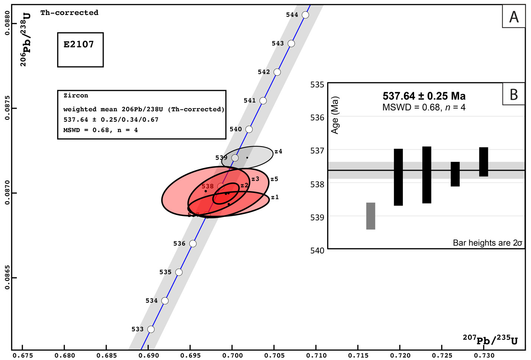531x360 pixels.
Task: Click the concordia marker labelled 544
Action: tap(305, 15)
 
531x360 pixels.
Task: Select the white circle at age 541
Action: tap(263, 101)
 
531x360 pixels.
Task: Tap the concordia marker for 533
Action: tap(151, 329)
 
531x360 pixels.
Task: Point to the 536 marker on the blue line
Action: tap(193, 243)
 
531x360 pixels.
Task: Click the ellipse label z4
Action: tap(278, 151)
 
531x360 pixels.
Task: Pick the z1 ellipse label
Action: tap(275, 197)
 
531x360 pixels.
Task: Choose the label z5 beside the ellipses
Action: tap(274, 179)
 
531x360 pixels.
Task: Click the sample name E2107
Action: tap(79, 45)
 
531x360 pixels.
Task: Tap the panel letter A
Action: tap(514, 17)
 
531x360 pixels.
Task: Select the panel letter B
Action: tap(514, 94)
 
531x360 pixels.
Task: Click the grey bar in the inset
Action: tap(371, 216)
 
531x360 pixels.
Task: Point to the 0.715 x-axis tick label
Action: tap(358, 356)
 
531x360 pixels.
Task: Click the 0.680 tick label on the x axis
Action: tap(65, 356)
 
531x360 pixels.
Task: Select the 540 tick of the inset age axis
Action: tap(317, 250)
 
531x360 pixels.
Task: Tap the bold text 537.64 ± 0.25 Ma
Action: tap(424, 96)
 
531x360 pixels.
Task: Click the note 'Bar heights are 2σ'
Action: tap(487, 243)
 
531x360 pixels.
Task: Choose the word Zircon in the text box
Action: tap(76, 95)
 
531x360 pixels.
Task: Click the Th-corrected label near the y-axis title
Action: tap(69, 13)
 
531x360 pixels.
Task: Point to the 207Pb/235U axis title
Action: tap(490, 340)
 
